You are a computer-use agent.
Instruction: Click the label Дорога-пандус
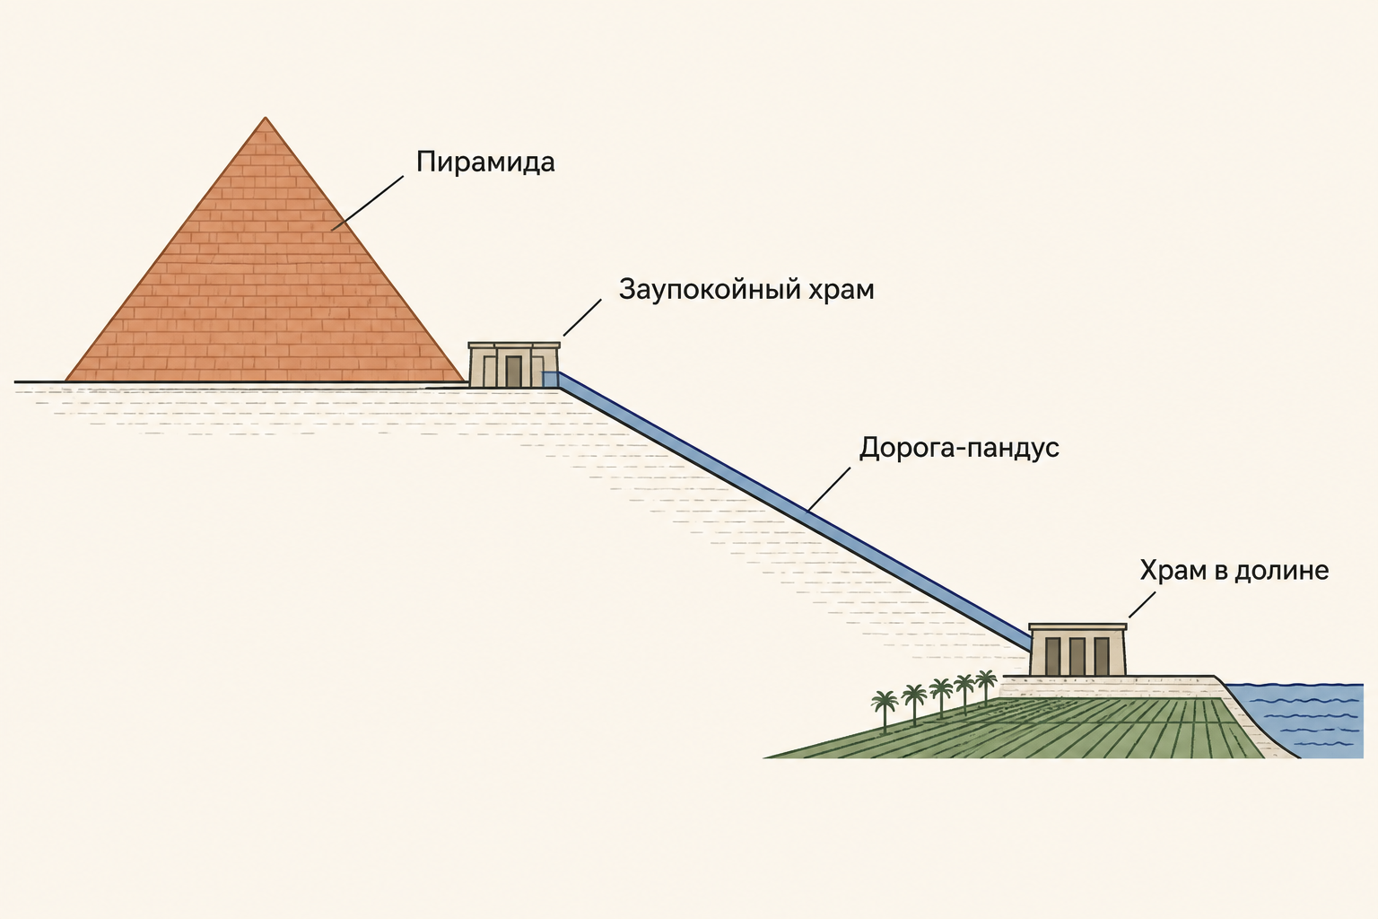tap(959, 448)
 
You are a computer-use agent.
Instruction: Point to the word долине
tap(1281, 571)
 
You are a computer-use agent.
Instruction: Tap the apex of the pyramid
tap(266, 117)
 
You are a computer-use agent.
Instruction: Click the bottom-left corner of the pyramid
tap(65, 381)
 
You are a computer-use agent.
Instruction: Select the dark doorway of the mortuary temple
tap(513, 372)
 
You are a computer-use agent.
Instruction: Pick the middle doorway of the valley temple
tap(1077, 656)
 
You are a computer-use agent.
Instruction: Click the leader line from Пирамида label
tap(367, 204)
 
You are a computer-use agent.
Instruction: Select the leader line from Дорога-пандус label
tap(829, 489)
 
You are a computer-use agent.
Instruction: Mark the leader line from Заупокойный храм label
tap(582, 318)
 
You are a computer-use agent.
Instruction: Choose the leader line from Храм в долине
tap(1142, 605)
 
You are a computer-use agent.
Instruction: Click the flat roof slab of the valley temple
tap(1077, 627)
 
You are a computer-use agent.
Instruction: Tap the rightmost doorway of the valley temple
tap(1101, 656)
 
